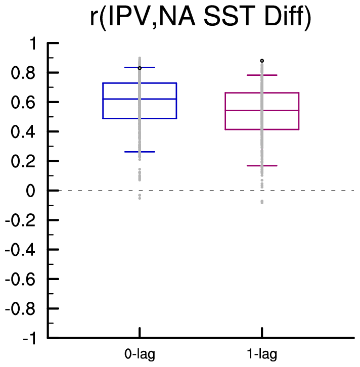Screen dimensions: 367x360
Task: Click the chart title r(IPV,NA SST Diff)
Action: coord(200,20)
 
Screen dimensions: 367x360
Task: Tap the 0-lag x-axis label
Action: coord(140,353)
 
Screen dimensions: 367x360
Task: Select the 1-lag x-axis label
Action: coord(262,353)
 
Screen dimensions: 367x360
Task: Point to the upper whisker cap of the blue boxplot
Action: coord(140,67)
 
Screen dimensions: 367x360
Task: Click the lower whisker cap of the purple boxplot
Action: coord(262,165)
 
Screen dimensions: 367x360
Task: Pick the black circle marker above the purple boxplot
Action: coord(262,61)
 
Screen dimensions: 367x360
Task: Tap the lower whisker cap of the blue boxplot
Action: coord(140,152)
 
